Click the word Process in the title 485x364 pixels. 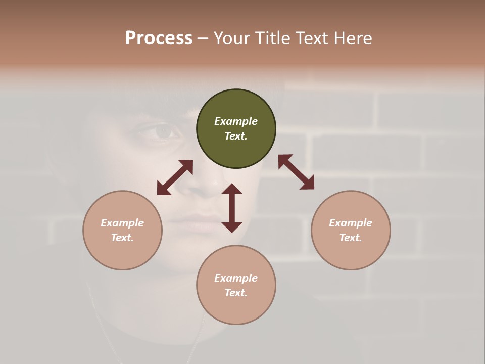(x=159, y=38)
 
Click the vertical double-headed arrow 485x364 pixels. (x=232, y=208)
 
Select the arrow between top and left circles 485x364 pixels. (x=175, y=177)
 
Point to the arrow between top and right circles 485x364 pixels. (x=296, y=172)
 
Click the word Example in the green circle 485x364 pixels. (x=236, y=121)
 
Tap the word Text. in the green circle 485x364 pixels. (x=236, y=136)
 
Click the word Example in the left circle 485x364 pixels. (x=122, y=223)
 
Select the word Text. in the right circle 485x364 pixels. (x=351, y=238)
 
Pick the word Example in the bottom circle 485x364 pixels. (x=236, y=278)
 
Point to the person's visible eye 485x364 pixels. (x=163, y=132)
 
